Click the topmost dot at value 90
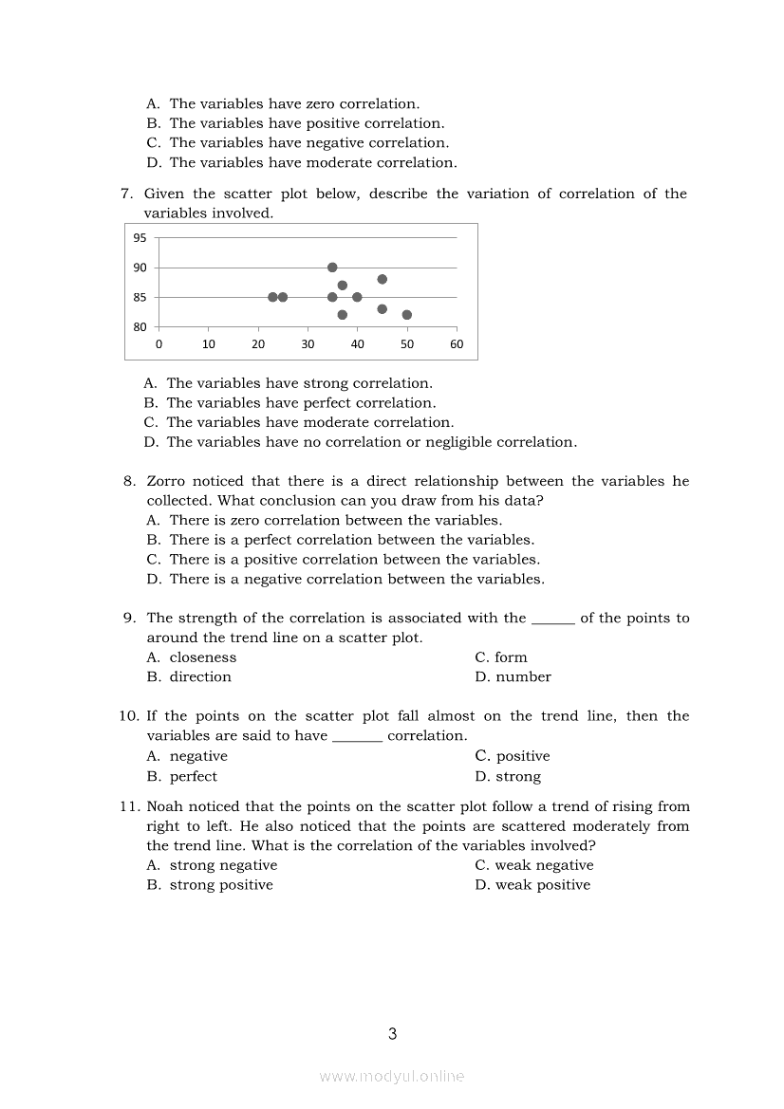tap(332, 268)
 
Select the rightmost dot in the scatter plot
tap(407, 315)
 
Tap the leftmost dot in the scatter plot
tap(272, 297)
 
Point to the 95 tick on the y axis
tap(140, 238)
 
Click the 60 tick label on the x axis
tap(457, 344)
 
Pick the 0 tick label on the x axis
tap(159, 344)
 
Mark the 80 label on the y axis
tap(140, 327)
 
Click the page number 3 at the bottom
tap(392, 1034)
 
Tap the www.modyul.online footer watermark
tap(392, 1076)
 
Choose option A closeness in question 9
tap(202, 657)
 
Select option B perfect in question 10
tap(193, 776)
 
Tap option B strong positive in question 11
tap(220, 885)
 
